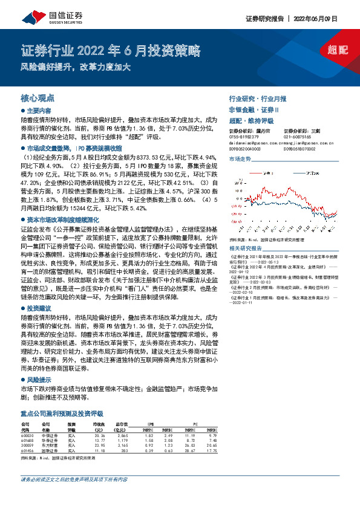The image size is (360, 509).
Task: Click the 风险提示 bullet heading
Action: pos(40,380)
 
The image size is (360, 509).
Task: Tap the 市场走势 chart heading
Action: pos(240,158)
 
